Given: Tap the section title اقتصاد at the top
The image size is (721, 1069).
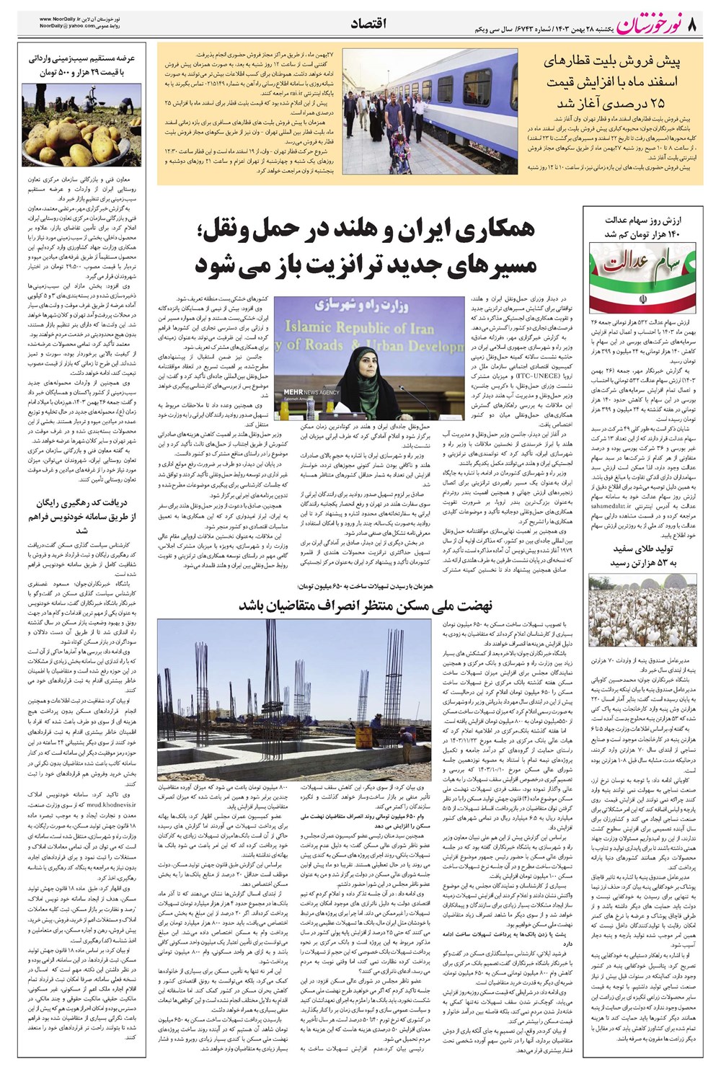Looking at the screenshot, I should (368, 25).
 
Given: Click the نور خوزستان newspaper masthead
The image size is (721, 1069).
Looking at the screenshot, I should (634, 25).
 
